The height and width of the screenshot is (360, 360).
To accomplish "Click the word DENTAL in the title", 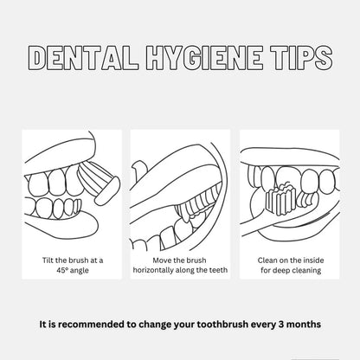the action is [x=83, y=58].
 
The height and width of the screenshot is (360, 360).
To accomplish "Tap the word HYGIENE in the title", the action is [x=204, y=58].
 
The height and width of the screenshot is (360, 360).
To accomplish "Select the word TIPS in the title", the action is [x=302, y=58].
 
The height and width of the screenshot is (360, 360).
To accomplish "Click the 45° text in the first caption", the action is [x=63, y=271].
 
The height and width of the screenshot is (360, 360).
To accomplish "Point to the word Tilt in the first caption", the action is [x=48, y=260].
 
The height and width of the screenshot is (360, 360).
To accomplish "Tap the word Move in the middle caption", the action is [x=162, y=260].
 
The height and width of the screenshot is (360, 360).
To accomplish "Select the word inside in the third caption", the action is [x=312, y=260].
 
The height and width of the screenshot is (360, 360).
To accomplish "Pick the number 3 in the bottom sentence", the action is [x=281, y=325].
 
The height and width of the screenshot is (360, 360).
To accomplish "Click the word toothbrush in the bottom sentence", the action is [x=222, y=325].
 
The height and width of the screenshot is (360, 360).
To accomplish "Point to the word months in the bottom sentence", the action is [x=304, y=325].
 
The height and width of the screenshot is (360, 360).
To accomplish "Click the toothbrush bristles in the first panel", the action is [x=93, y=179].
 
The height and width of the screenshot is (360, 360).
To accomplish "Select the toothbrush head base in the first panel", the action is [x=108, y=190].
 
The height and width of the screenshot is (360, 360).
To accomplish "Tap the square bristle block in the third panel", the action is [x=281, y=199].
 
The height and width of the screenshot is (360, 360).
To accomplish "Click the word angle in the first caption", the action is [x=80, y=271].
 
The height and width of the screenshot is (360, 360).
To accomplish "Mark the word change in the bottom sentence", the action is [x=154, y=325].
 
